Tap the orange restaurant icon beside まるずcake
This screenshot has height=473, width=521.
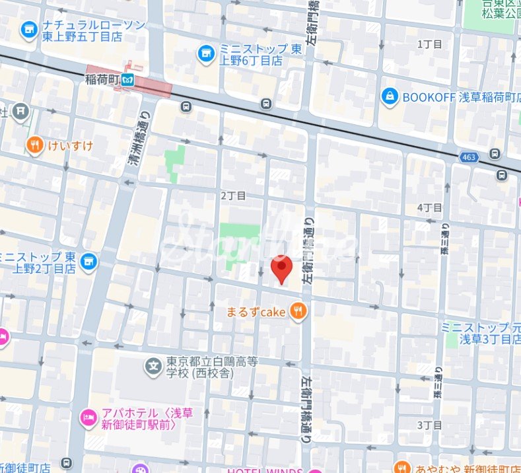(298, 311)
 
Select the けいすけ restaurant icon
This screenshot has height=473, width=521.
(34, 145)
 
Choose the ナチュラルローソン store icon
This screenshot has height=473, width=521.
(28, 30)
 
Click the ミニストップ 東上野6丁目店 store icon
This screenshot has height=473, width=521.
(207, 53)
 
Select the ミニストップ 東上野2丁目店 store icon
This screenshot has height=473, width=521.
(88, 262)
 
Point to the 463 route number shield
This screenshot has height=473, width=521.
(469, 157)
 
